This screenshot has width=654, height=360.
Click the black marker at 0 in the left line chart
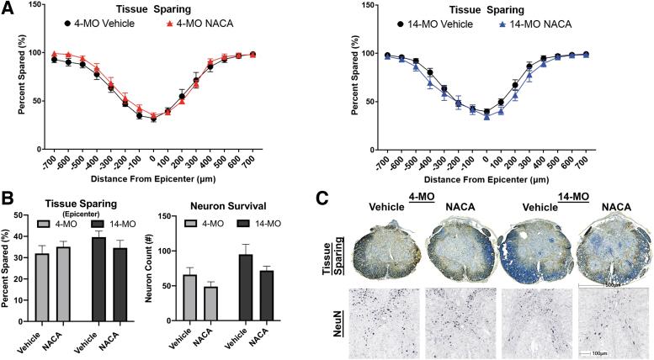coord(153,119)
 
